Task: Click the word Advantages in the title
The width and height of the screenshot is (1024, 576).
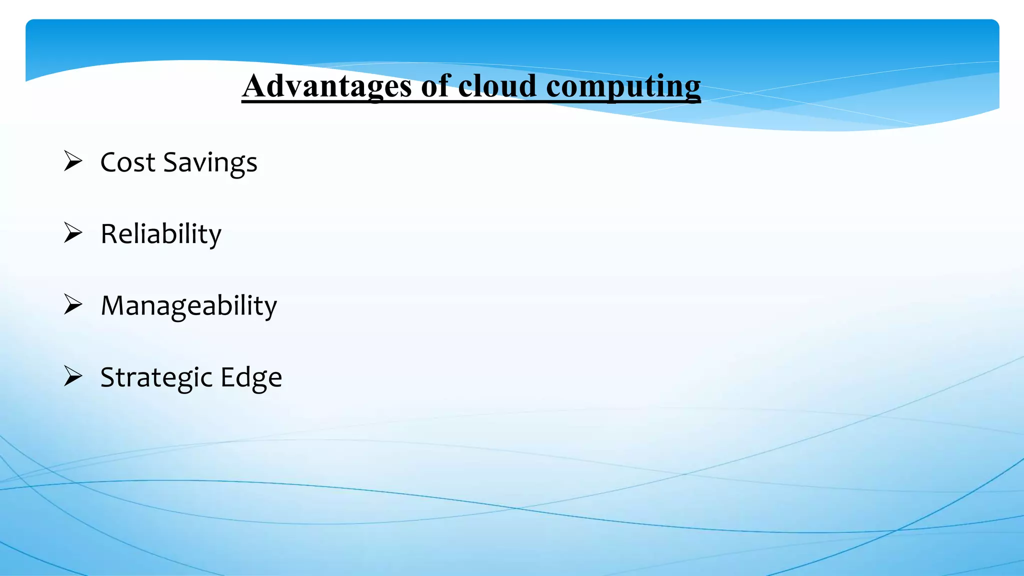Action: point(327,86)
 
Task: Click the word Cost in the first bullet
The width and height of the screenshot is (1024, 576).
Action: point(128,162)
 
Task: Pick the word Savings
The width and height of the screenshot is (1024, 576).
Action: point(210,163)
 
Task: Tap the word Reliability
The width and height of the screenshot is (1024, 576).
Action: point(161,234)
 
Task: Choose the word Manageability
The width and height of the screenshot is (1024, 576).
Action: point(189,305)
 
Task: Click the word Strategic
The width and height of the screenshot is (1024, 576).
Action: point(156,377)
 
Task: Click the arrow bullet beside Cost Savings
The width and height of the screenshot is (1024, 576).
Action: point(73,161)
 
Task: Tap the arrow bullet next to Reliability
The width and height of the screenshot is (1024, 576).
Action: point(73,233)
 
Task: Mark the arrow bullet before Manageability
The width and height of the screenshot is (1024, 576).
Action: point(73,304)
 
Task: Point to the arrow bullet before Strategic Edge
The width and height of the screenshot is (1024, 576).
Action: point(73,376)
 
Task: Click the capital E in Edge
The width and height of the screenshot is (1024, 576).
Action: point(227,377)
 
